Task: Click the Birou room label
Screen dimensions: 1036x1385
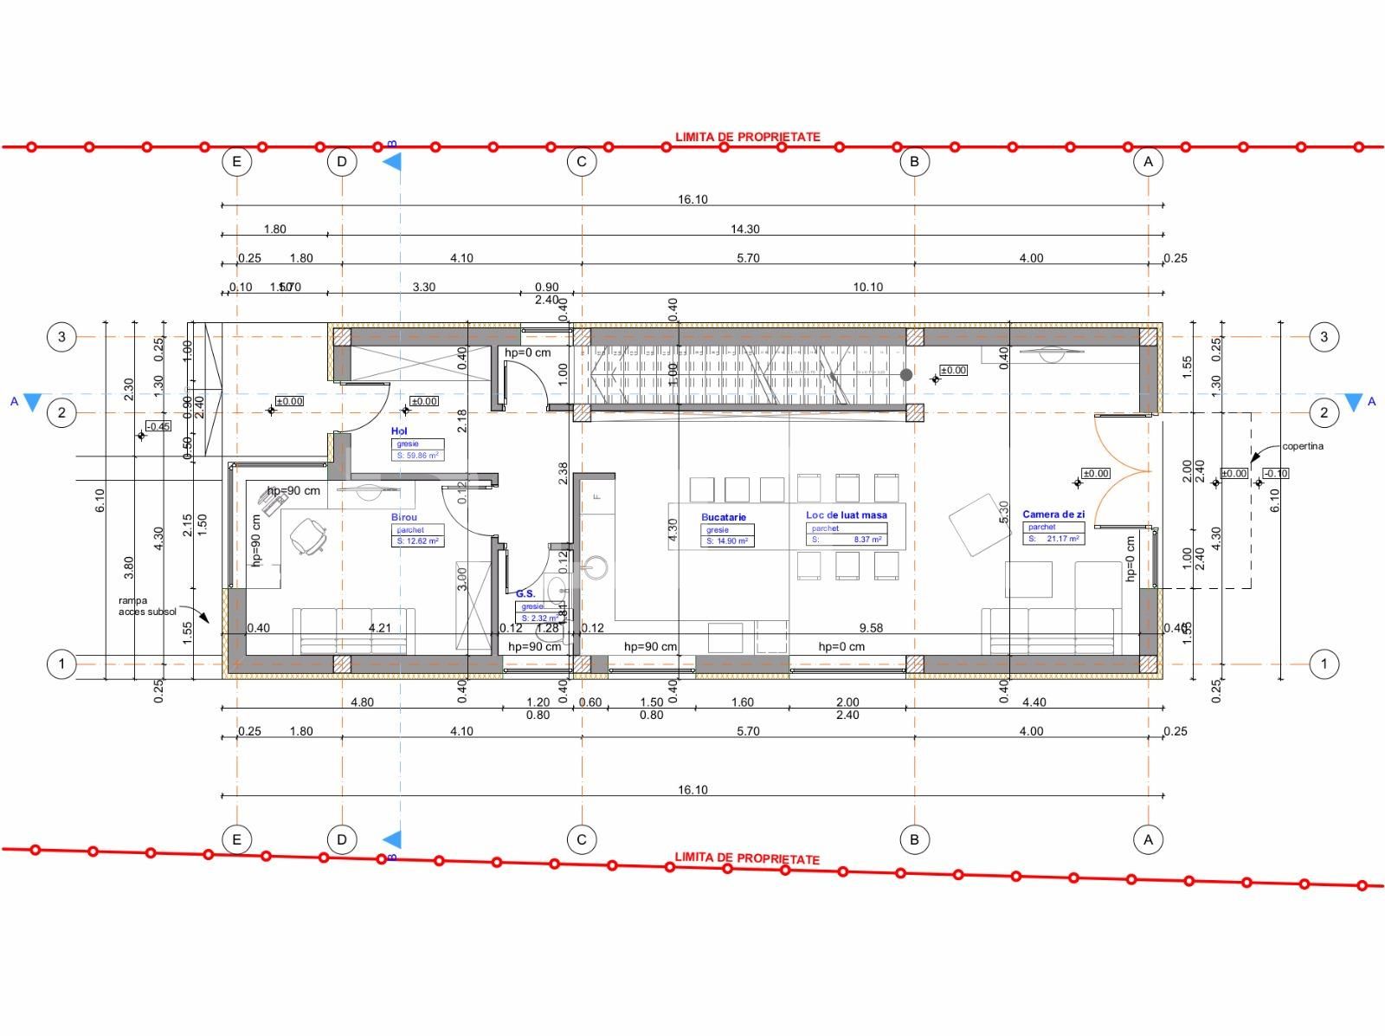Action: point(403,517)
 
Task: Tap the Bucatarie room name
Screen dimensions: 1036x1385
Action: point(723,517)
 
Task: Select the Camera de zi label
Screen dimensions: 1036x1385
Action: point(1053,515)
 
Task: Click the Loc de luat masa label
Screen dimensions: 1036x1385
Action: point(846,515)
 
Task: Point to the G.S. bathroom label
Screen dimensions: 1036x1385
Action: point(525,593)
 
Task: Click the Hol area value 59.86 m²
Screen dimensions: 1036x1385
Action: point(418,455)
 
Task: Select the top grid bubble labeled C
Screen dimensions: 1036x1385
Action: point(581,161)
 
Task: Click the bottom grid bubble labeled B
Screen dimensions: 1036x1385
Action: point(914,839)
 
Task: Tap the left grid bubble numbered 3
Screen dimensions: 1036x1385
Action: point(61,336)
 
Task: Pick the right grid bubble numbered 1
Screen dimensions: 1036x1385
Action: point(1323,664)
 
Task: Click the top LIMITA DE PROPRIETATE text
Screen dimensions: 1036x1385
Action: point(747,137)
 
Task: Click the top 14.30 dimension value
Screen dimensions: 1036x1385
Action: point(744,230)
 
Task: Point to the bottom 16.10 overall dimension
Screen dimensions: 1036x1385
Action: point(692,790)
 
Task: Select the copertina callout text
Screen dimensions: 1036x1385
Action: point(1303,447)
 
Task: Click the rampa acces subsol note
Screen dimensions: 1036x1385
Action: point(147,605)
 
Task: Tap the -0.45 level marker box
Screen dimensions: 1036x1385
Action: point(158,426)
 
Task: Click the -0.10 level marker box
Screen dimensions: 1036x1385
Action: point(1275,473)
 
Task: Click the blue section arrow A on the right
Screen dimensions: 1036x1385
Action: point(1353,402)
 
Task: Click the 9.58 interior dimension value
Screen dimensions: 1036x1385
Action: point(871,628)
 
